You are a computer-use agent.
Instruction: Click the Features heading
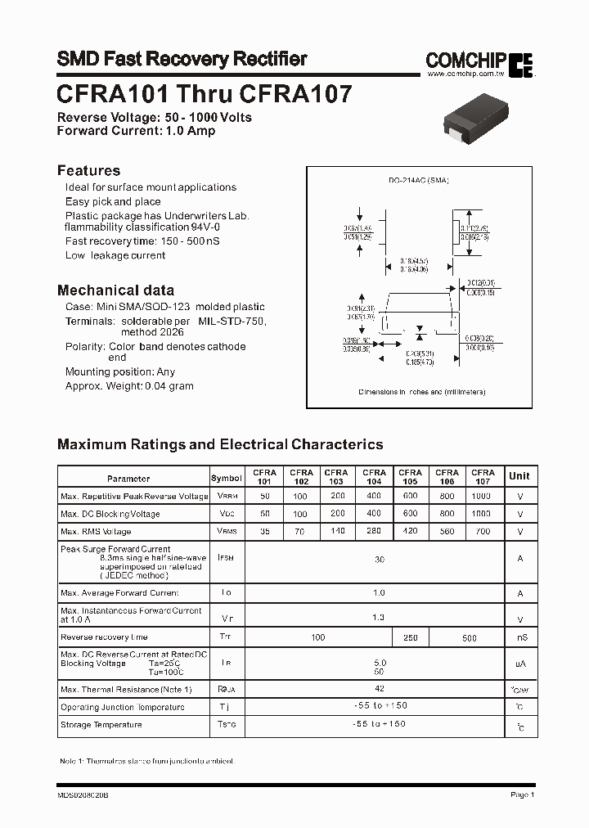pyautogui.click(x=88, y=171)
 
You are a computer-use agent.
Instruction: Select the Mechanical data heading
pyautogui.click(x=115, y=290)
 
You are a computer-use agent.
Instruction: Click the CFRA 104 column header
pyautogui.click(x=374, y=477)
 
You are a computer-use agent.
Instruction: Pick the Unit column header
pyautogui.click(x=519, y=476)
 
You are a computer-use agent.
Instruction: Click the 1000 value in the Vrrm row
pyautogui.click(x=482, y=496)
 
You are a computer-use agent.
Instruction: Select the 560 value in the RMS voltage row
pyautogui.click(x=446, y=531)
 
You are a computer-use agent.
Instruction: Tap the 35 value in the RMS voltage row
pyautogui.click(x=264, y=531)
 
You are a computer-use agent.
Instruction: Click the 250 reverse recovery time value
pyautogui.click(x=410, y=637)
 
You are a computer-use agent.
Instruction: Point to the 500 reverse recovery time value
pyautogui.click(x=470, y=637)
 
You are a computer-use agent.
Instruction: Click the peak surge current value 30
pyautogui.click(x=379, y=560)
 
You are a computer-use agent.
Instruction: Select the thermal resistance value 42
pyautogui.click(x=379, y=689)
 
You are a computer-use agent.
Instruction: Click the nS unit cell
pyautogui.click(x=519, y=637)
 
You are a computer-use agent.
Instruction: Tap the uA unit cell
pyautogui.click(x=519, y=664)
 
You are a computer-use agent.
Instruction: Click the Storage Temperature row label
pyautogui.click(x=101, y=724)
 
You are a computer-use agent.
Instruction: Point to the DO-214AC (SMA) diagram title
pyautogui.click(x=419, y=180)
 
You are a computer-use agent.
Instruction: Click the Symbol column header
pyautogui.click(x=227, y=478)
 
